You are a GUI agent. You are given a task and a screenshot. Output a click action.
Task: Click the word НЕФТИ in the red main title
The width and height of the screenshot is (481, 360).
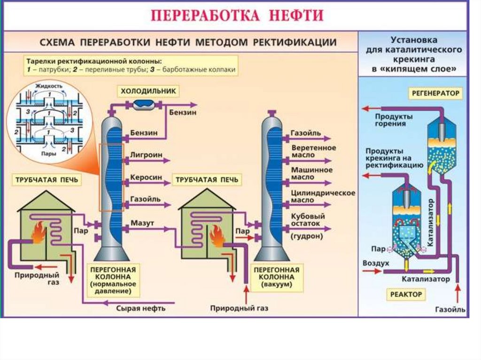coord(297,15)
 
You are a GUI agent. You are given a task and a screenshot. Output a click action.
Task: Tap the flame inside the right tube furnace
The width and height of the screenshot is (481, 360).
coord(217,236)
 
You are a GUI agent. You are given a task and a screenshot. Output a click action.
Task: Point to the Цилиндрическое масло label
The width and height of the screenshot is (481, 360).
coord(322,196)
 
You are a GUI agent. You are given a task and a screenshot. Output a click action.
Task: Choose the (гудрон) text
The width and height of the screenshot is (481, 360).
coord(307,236)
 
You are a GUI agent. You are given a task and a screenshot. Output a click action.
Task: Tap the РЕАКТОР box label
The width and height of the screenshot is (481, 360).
coord(406,294)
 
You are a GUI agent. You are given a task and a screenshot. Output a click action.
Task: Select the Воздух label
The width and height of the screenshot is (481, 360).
coord(376,263)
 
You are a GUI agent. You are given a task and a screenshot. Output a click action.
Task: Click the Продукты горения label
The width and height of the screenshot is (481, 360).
coord(394,120)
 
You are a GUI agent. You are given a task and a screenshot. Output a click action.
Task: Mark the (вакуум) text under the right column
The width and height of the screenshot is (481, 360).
coord(277,284)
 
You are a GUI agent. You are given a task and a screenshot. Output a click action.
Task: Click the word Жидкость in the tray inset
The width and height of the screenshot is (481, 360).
coord(48,86)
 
